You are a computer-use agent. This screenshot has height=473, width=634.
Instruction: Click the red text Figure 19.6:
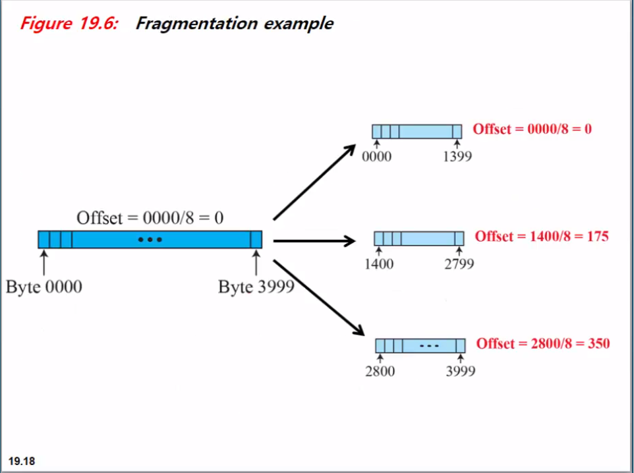tap(69, 24)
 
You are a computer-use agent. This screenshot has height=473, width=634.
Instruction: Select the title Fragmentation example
tap(234, 24)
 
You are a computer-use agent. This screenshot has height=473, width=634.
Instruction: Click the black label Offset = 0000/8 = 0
tap(150, 217)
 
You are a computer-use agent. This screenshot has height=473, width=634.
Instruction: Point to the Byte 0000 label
tap(44, 287)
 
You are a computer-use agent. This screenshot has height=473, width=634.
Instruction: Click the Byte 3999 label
tap(256, 287)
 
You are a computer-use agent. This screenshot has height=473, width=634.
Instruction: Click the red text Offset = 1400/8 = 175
tap(542, 236)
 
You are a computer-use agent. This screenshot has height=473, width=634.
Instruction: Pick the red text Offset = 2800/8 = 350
tap(542, 343)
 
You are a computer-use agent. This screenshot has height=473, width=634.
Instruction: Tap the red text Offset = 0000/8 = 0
tap(532, 128)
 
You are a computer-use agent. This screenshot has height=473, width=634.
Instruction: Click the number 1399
tap(457, 157)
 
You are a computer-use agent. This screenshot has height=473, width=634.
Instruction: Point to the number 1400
tap(378, 264)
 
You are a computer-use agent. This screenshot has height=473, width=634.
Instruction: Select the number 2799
tap(459, 264)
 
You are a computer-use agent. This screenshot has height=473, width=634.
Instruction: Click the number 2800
tap(380, 372)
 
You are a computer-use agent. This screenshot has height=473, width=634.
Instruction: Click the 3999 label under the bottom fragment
tap(459, 372)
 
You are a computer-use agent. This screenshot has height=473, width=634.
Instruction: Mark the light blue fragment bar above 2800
tap(420, 345)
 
